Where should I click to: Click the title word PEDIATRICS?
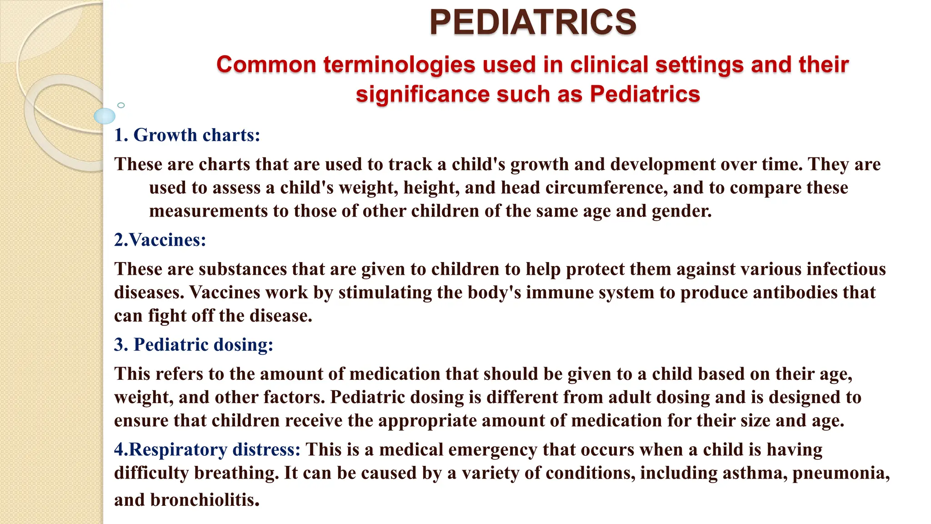coord(533,22)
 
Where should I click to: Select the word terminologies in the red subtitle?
coord(399,65)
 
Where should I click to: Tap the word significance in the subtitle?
coord(423,95)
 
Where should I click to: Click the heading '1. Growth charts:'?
coord(187,135)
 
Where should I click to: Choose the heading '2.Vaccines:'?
coord(160,240)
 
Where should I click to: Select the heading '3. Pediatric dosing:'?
coord(194,345)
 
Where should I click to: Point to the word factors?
coord(298,397)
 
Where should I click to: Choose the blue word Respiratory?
coord(178,449)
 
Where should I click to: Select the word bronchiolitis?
coord(205,500)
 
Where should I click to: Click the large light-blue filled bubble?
coord(105,116)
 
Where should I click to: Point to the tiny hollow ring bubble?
coord(121,105)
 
